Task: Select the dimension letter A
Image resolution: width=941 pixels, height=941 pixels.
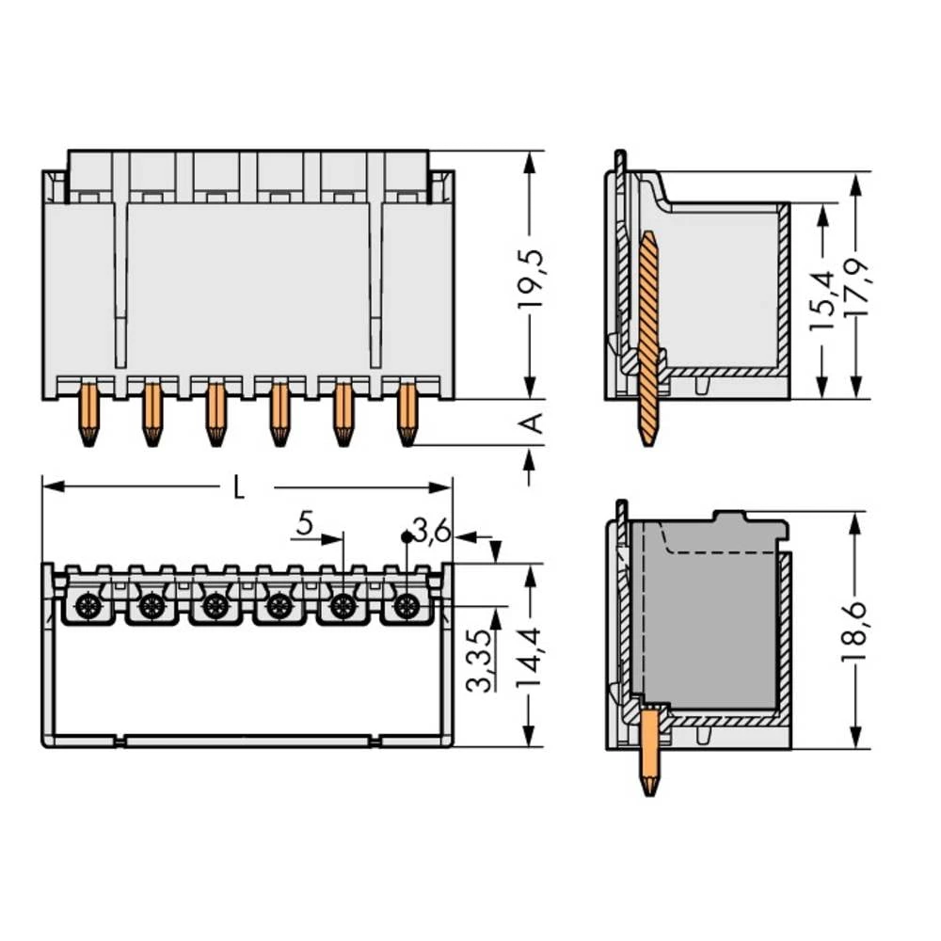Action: point(531,423)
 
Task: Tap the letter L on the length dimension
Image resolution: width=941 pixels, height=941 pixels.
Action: point(239,487)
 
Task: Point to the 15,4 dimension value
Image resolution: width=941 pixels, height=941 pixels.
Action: point(822,299)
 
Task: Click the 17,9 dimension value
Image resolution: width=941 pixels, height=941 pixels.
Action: point(856,289)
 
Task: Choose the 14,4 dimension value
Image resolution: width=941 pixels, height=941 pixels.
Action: point(529,658)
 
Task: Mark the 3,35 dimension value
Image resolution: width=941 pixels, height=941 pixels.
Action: point(481,661)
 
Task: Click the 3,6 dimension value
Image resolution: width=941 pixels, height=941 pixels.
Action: point(432,531)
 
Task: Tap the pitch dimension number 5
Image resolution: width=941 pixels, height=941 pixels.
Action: point(305,524)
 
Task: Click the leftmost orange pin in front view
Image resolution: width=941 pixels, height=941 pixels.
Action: point(88,415)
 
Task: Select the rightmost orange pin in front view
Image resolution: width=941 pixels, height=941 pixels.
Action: point(407,415)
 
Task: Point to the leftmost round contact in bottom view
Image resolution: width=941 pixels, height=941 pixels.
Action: point(88,605)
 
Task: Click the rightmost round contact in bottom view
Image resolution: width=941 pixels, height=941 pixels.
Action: point(407,605)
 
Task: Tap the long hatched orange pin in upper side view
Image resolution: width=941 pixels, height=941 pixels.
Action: point(647,338)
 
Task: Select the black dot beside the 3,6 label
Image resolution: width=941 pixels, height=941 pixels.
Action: point(407,536)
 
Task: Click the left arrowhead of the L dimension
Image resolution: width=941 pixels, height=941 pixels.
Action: point(54,486)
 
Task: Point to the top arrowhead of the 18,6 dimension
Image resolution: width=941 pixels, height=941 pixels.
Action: point(856,524)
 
